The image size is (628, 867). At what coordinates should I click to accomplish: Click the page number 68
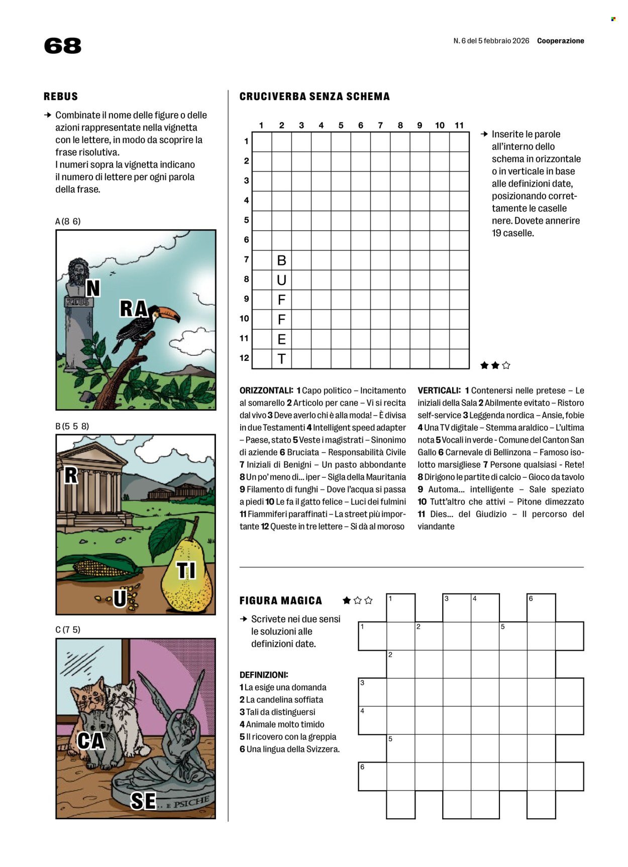click(62, 46)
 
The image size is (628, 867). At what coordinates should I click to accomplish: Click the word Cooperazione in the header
click(560, 41)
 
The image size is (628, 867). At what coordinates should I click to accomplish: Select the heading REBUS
click(61, 96)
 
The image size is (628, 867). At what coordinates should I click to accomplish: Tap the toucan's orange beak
click(171, 315)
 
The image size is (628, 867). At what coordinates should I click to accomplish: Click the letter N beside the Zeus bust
click(93, 289)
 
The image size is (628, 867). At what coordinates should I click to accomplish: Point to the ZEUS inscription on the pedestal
click(78, 302)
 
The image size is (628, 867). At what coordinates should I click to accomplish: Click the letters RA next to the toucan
click(133, 309)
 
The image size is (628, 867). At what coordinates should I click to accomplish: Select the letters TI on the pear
click(186, 571)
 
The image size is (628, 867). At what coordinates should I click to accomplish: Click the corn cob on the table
click(103, 567)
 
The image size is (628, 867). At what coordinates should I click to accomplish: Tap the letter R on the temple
click(71, 475)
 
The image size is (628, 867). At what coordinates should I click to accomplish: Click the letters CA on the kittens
click(91, 741)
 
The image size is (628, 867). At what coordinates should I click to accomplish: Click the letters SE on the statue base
click(143, 801)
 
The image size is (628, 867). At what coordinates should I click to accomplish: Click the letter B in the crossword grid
click(281, 261)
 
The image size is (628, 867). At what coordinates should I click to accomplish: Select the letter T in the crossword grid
click(281, 359)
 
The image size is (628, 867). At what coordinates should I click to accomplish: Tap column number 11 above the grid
click(459, 126)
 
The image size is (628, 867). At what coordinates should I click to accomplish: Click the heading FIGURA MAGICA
click(280, 601)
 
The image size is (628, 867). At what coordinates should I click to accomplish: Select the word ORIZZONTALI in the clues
click(266, 391)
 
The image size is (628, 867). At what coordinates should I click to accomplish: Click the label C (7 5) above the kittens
click(68, 630)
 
